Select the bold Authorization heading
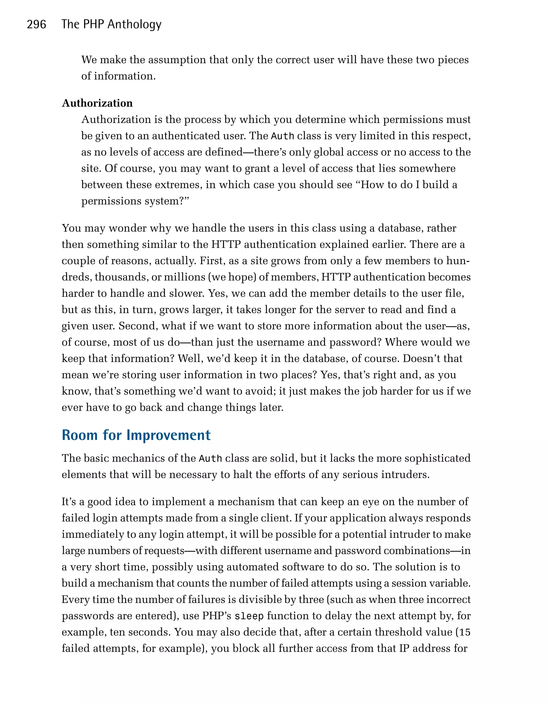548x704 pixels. click(97, 103)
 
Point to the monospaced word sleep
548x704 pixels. click(249, 616)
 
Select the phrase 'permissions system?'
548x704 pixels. click(135, 201)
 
